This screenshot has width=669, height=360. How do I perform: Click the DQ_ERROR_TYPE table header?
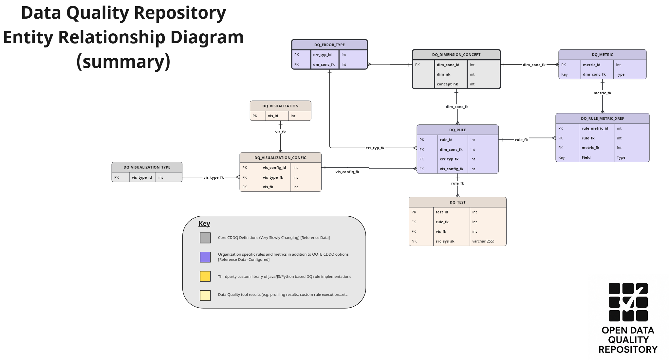[329, 45]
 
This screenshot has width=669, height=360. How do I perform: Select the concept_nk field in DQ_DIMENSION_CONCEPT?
[447, 84]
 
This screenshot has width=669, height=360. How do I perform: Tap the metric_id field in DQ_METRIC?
[591, 65]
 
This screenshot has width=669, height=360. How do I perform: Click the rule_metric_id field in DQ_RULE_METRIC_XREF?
[595, 128]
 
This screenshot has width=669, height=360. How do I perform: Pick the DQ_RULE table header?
[457, 130]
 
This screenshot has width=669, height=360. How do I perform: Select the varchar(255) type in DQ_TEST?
[483, 241]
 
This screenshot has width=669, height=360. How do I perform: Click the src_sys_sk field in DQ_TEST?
[445, 241]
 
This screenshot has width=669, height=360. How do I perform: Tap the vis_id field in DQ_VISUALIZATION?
[273, 116]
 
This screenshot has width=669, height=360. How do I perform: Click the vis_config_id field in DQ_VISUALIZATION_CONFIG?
[274, 168]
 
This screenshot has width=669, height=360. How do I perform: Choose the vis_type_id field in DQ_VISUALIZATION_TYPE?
[141, 177]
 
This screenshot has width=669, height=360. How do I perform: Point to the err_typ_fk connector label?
[375, 148]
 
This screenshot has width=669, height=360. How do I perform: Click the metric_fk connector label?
[602, 93]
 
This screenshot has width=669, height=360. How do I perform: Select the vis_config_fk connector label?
[347, 172]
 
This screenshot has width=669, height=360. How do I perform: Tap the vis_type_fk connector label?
[214, 177]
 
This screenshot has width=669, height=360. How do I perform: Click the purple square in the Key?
[205, 257]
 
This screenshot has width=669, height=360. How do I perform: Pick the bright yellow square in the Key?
[205, 276]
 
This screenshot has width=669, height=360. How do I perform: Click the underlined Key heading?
[204, 224]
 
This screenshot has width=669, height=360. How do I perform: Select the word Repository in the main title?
[180, 13]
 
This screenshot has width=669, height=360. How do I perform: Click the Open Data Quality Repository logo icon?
[628, 302]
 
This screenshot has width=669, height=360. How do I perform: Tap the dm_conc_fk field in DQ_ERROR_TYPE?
[324, 64]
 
